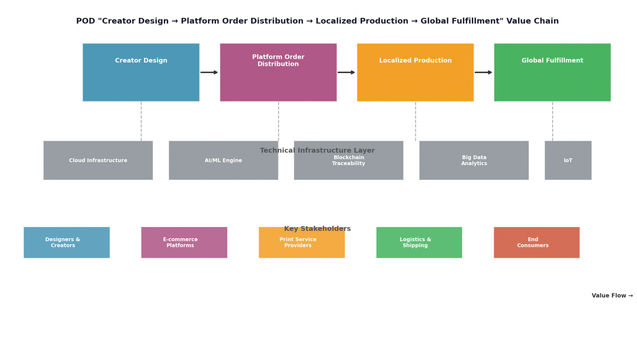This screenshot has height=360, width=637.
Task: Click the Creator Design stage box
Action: click(x=141, y=72)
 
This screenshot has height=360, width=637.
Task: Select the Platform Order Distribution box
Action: click(x=278, y=72)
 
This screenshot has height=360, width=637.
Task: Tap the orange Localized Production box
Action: click(x=415, y=72)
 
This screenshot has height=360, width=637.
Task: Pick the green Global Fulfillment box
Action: click(x=552, y=72)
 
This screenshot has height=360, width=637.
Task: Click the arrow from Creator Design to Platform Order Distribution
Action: click(x=209, y=73)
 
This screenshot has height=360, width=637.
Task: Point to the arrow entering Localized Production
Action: click(x=346, y=73)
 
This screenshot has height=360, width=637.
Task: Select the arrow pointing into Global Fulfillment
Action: click(x=483, y=73)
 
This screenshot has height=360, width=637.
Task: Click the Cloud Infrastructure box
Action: click(x=98, y=160)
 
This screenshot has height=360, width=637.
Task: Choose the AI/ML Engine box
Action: click(x=223, y=160)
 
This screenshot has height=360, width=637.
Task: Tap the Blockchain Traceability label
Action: click(x=349, y=160)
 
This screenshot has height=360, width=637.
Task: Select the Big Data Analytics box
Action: click(x=474, y=160)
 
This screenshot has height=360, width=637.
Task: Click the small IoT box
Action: click(x=568, y=160)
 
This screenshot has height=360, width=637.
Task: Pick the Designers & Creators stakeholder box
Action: click(x=67, y=242)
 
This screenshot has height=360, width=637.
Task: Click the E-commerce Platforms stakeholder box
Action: click(x=184, y=242)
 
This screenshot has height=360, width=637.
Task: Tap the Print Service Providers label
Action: click(x=298, y=242)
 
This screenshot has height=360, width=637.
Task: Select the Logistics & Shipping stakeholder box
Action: click(x=419, y=242)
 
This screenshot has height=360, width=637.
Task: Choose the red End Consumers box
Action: click(x=537, y=242)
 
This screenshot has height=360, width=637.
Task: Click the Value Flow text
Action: click(x=612, y=295)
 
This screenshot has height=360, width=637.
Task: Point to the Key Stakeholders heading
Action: click(x=317, y=229)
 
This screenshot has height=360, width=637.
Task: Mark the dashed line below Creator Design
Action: click(x=141, y=121)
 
